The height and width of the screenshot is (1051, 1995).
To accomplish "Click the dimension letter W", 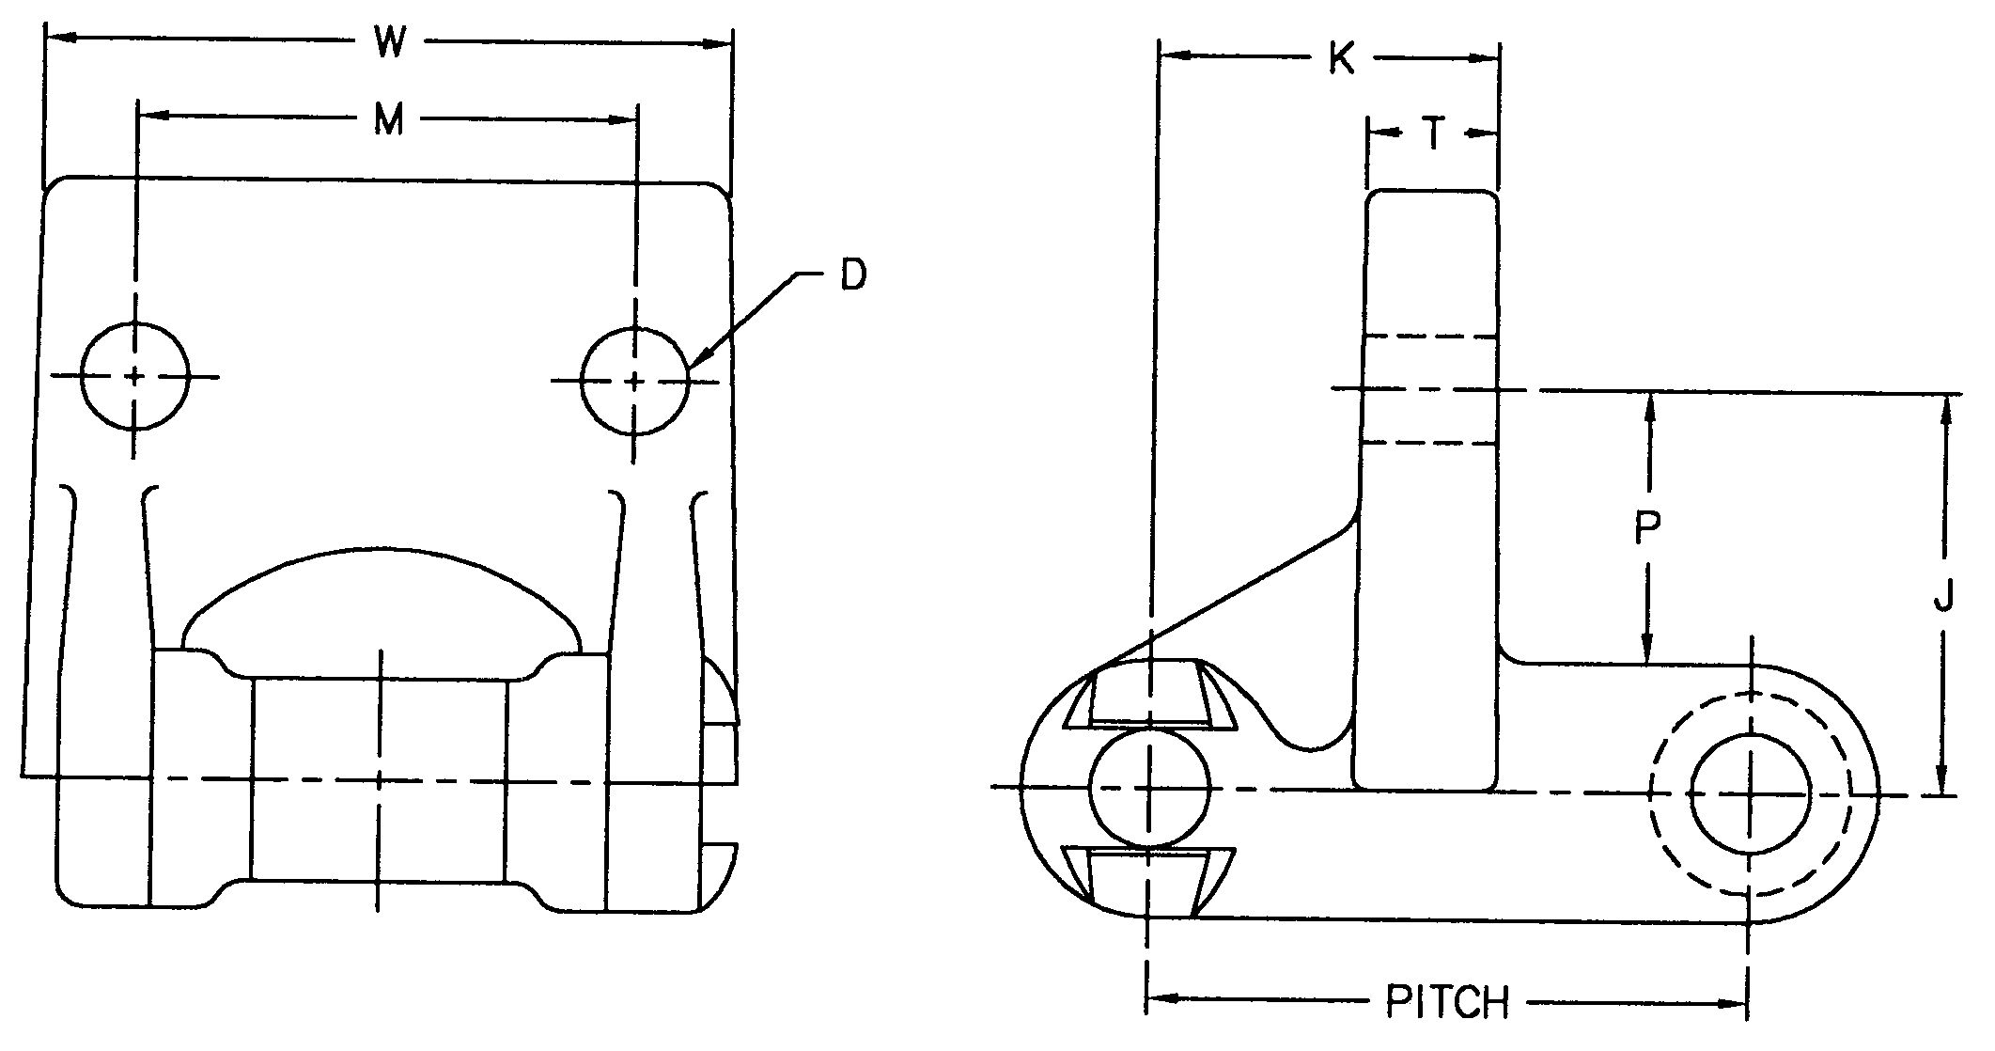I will tap(388, 42).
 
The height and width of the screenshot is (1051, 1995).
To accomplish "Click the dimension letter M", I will tap(388, 120).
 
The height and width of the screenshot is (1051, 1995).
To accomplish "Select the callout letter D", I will tap(853, 275).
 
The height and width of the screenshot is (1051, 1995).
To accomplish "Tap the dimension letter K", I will tap(1341, 60).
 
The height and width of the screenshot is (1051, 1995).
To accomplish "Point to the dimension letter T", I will tap(1432, 135).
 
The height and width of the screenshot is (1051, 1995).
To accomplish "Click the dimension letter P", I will tap(1646, 528).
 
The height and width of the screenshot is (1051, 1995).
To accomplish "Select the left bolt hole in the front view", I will tap(135, 376).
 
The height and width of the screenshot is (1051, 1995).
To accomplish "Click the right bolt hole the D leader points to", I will tap(634, 381).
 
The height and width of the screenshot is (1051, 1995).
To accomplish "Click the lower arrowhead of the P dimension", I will tap(1646, 652).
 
